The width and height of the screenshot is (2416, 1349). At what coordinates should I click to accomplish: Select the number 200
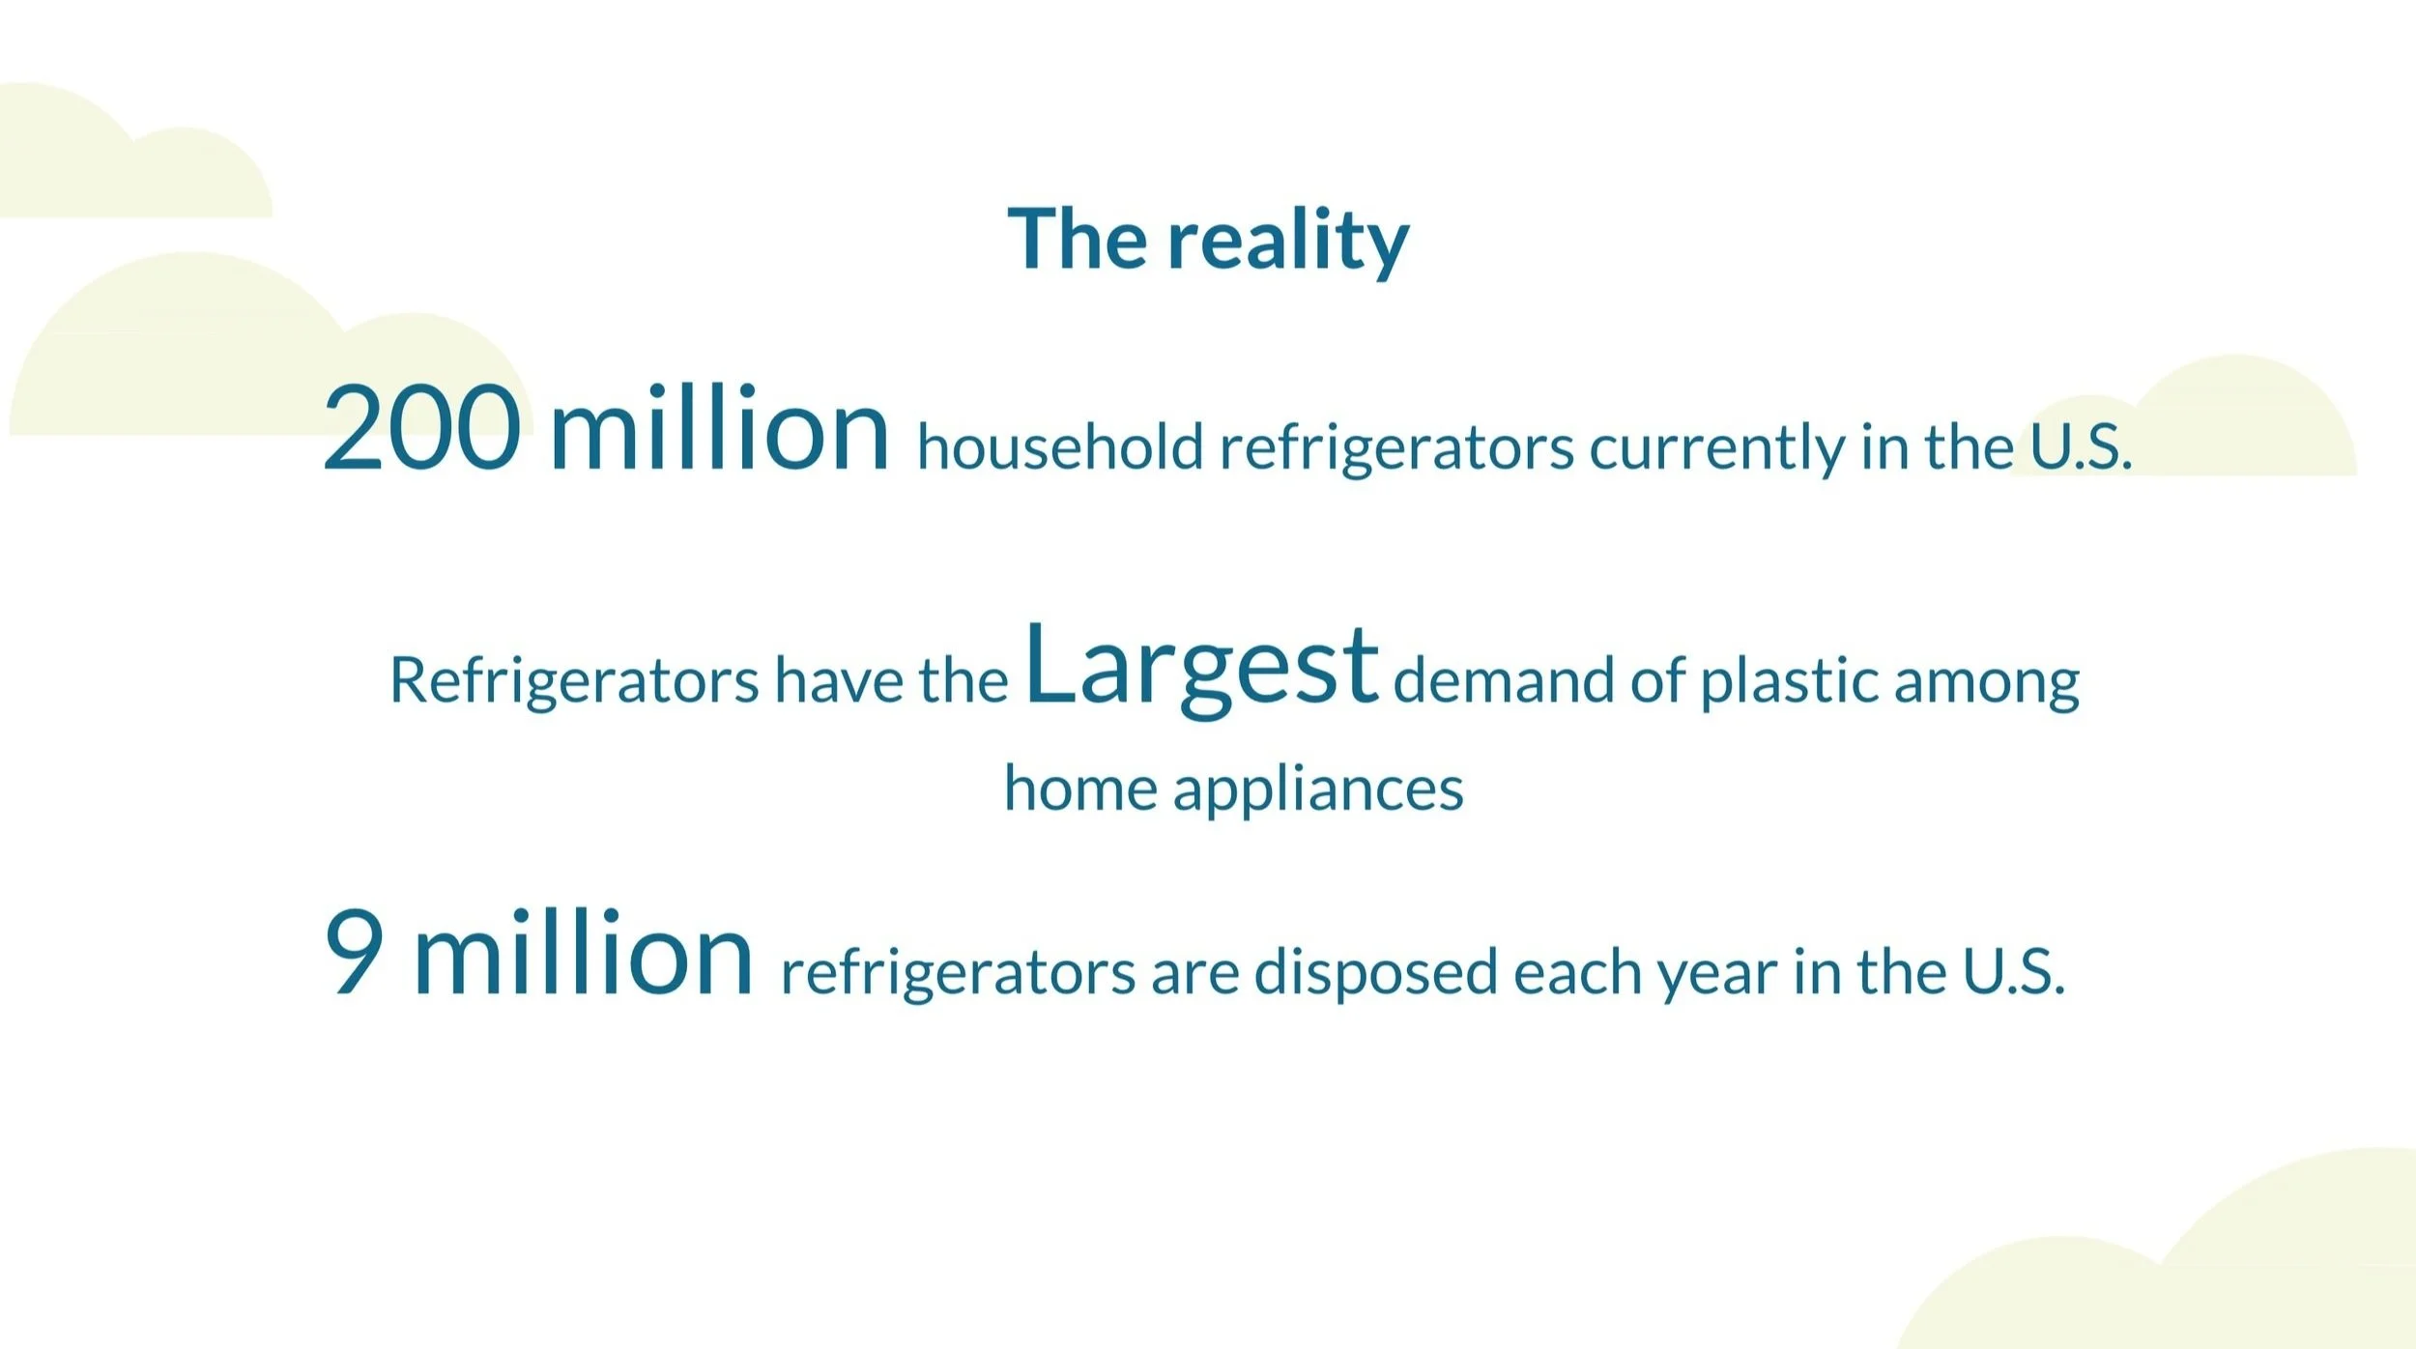coord(421,427)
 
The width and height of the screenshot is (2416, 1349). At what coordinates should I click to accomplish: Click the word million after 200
coord(719,425)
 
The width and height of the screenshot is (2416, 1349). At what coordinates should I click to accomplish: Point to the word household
coord(1060,446)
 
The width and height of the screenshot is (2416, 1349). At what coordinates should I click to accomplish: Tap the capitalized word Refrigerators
coord(574,681)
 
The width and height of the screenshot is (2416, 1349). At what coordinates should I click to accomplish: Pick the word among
coord(1987,684)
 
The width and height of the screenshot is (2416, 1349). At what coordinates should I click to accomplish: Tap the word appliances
coord(1318,790)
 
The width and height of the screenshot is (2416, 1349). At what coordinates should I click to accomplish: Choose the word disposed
coord(1376,973)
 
